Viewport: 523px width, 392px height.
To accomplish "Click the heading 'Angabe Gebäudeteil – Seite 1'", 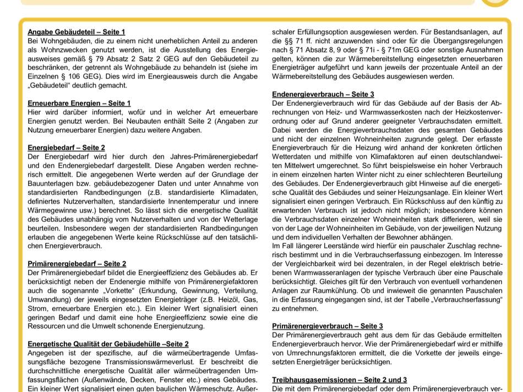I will coord(77,32).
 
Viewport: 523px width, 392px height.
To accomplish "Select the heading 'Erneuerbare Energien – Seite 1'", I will coord(79,103).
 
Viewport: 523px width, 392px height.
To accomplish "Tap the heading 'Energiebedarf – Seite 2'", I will coord(66,148).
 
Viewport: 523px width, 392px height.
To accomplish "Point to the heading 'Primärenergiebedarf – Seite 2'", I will coord(77,264).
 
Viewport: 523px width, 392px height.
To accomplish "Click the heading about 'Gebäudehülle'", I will coord(108,344).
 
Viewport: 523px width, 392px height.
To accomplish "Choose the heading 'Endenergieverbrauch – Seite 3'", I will coord(323,94).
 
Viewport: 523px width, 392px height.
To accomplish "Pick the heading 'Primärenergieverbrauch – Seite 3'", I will coord(328,326).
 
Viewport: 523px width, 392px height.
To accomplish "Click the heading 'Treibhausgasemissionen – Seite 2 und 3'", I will coord(340,380).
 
